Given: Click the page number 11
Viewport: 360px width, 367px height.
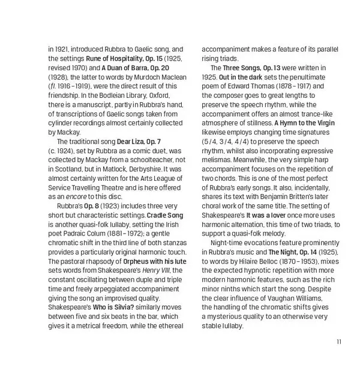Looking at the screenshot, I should click(339, 342).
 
